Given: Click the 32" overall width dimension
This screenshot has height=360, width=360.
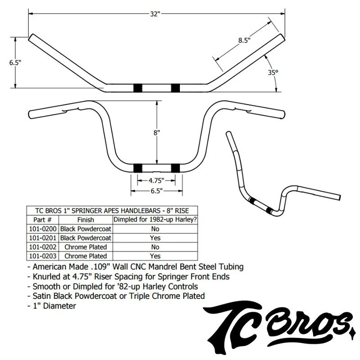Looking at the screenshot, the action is [x=155, y=14].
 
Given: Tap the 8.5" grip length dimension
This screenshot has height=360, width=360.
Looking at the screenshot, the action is [x=244, y=40].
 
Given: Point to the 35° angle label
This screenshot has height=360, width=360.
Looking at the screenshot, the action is [x=273, y=72].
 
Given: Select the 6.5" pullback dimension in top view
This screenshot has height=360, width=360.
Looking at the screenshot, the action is [x=15, y=63].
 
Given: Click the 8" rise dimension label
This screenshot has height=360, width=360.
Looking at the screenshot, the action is [x=157, y=133].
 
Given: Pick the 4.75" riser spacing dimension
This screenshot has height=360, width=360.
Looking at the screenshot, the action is [x=156, y=181].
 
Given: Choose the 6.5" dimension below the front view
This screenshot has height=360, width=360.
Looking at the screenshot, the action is [x=157, y=191].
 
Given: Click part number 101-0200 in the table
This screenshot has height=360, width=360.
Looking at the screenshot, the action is [x=43, y=229].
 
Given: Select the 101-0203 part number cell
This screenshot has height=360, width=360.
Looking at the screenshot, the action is [x=43, y=256].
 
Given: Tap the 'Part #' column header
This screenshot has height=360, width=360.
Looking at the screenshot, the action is [x=42, y=220].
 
